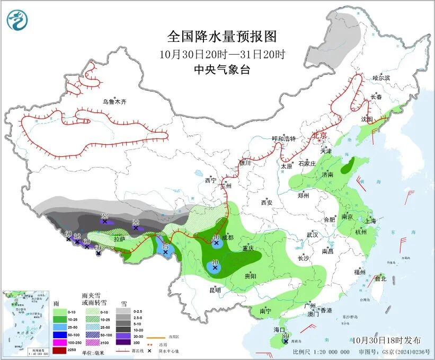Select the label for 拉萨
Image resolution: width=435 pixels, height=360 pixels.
pyautogui.click(x=120, y=239)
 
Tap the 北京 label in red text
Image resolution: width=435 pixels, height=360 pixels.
pyautogui.click(x=319, y=135)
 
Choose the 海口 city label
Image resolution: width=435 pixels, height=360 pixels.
pyautogui.click(x=280, y=329)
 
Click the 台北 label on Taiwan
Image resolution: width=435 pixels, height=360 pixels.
pyautogui.click(x=381, y=278)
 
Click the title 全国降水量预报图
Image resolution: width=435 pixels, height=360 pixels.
pyautogui.click(x=222, y=37)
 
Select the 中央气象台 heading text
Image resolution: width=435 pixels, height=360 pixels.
pyautogui.click(x=221, y=69)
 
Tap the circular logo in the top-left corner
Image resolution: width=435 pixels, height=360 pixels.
pyautogui.click(x=18, y=21)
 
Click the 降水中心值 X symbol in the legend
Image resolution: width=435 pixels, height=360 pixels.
pyautogui.click(x=150, y=350)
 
